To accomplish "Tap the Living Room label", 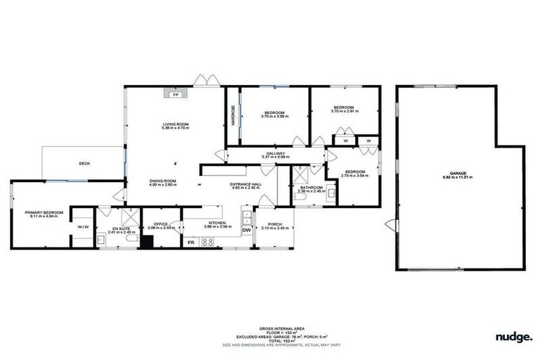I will tap(175, 124).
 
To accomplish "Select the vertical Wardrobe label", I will tap(232, 112).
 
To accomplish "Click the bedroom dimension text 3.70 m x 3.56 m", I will tap(274, 117).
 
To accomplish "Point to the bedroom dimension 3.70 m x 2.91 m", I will tap(345, 111).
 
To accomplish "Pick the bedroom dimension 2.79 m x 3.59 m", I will tap(354, 176).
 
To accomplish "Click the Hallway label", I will tap(276, 153).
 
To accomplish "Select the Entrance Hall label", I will tap(245, 184).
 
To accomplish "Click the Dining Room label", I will tap(162, 181).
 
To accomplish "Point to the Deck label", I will tap(84, 163).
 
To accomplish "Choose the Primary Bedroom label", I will tap(44, 212).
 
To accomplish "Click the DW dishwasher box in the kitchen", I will tap(247, 230).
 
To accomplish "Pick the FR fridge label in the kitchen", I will tap(191, 242).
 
